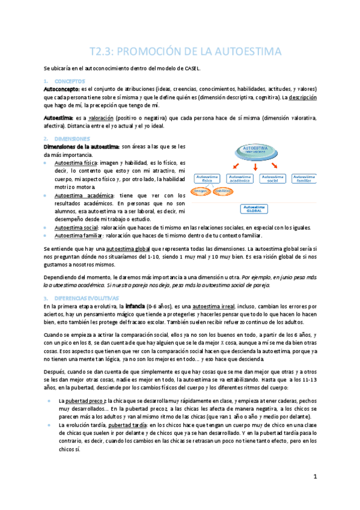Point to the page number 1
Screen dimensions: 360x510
[x=314, y=477]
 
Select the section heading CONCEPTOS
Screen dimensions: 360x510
[x=70, y=81]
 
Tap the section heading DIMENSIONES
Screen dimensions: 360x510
[x=72, y=138]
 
